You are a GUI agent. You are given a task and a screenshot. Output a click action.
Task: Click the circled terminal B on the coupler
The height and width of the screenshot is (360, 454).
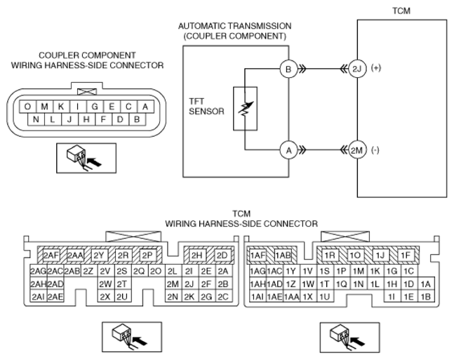point(288,69)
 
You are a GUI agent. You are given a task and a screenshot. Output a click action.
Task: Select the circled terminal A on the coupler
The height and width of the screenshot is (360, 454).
point(288,151)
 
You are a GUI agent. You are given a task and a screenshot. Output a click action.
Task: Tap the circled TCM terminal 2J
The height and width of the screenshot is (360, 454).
point(357,69)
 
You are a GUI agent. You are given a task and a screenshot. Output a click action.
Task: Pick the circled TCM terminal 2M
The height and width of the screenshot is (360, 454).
point(357,150)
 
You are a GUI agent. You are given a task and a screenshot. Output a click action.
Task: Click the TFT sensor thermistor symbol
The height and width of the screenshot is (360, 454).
point(245,109)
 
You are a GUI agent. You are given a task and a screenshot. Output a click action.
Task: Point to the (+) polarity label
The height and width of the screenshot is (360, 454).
point(376,68)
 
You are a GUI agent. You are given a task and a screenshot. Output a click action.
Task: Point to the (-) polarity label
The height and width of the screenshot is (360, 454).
point(375,150)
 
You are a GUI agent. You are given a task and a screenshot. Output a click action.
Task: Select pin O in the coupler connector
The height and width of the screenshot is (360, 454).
point(27,107)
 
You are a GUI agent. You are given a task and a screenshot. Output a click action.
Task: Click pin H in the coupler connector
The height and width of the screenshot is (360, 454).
point(86,119)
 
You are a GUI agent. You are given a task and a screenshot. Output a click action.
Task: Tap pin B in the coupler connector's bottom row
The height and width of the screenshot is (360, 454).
point(137,119)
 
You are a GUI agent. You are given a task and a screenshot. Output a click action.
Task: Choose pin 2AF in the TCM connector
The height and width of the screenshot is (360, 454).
point(51,255)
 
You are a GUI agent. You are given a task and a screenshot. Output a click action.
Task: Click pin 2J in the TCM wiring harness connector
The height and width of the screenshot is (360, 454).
point(189,284)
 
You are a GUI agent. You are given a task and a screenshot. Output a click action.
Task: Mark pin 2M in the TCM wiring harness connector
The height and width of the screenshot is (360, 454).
point(173,284)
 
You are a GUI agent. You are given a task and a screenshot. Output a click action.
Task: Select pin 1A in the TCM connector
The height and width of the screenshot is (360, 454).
point(426,284)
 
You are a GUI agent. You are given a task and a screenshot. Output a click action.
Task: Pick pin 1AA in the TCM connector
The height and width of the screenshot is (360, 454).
point(291,297)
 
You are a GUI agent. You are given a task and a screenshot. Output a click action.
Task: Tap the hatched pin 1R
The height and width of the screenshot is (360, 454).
point(330,255)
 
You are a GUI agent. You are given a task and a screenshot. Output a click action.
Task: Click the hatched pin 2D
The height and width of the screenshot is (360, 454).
point(222,255)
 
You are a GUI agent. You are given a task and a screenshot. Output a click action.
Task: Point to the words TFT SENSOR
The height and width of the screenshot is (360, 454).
point(206,106)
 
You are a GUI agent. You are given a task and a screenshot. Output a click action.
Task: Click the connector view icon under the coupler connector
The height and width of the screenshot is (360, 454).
point(86,158)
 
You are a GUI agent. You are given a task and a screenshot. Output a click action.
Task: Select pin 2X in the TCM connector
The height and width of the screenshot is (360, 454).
point(105,297)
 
